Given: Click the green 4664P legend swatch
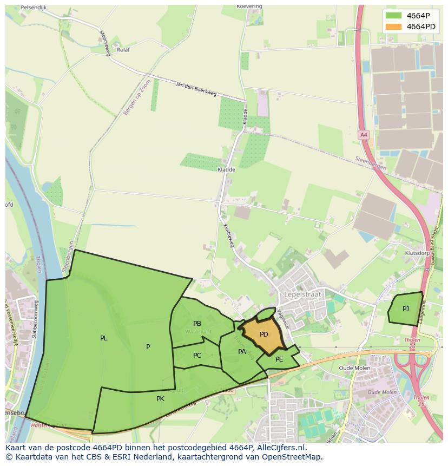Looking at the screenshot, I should pyautogui.click(x=393, y=16).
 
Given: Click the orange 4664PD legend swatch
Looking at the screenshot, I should pyautogui.click(x=393, y=27).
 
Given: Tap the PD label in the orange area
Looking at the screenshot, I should pyautogui.click(x=264, y=334).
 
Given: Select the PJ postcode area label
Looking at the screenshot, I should pyautogui.click(x=406, y=309).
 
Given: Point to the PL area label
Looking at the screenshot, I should pyautogui.click(x=104, y=338).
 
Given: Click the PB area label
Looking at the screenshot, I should pyautogui.click(x=197, y=324).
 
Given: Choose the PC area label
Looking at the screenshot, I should pyautogui.click(x=197, y=356).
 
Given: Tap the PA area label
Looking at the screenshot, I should pyautogui.click(x=242, y=352).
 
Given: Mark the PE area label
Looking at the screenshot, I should pyautogui.click(x=279, y=359).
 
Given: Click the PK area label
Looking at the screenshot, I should pyautogui.click(x=160, y=399).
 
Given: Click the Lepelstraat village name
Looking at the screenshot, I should pyautogui.click(x=302, y=294).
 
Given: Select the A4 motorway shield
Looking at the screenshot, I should pyautogui.click(x=364, y=135).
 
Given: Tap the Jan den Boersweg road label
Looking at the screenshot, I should pyautogui.click(x=196, y=89).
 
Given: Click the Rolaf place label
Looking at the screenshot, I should pyautogui.click(x=123, y=50).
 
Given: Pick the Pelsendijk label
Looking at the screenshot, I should pyautogui.click(x=34, y=8).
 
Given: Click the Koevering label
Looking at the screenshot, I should pyautogui.click(x=249, y=6).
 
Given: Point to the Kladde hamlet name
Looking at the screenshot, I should pyautogui.click(x=226, y=169).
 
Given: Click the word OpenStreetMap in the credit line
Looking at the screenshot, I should pyautogui.click(x=293, y=457).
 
